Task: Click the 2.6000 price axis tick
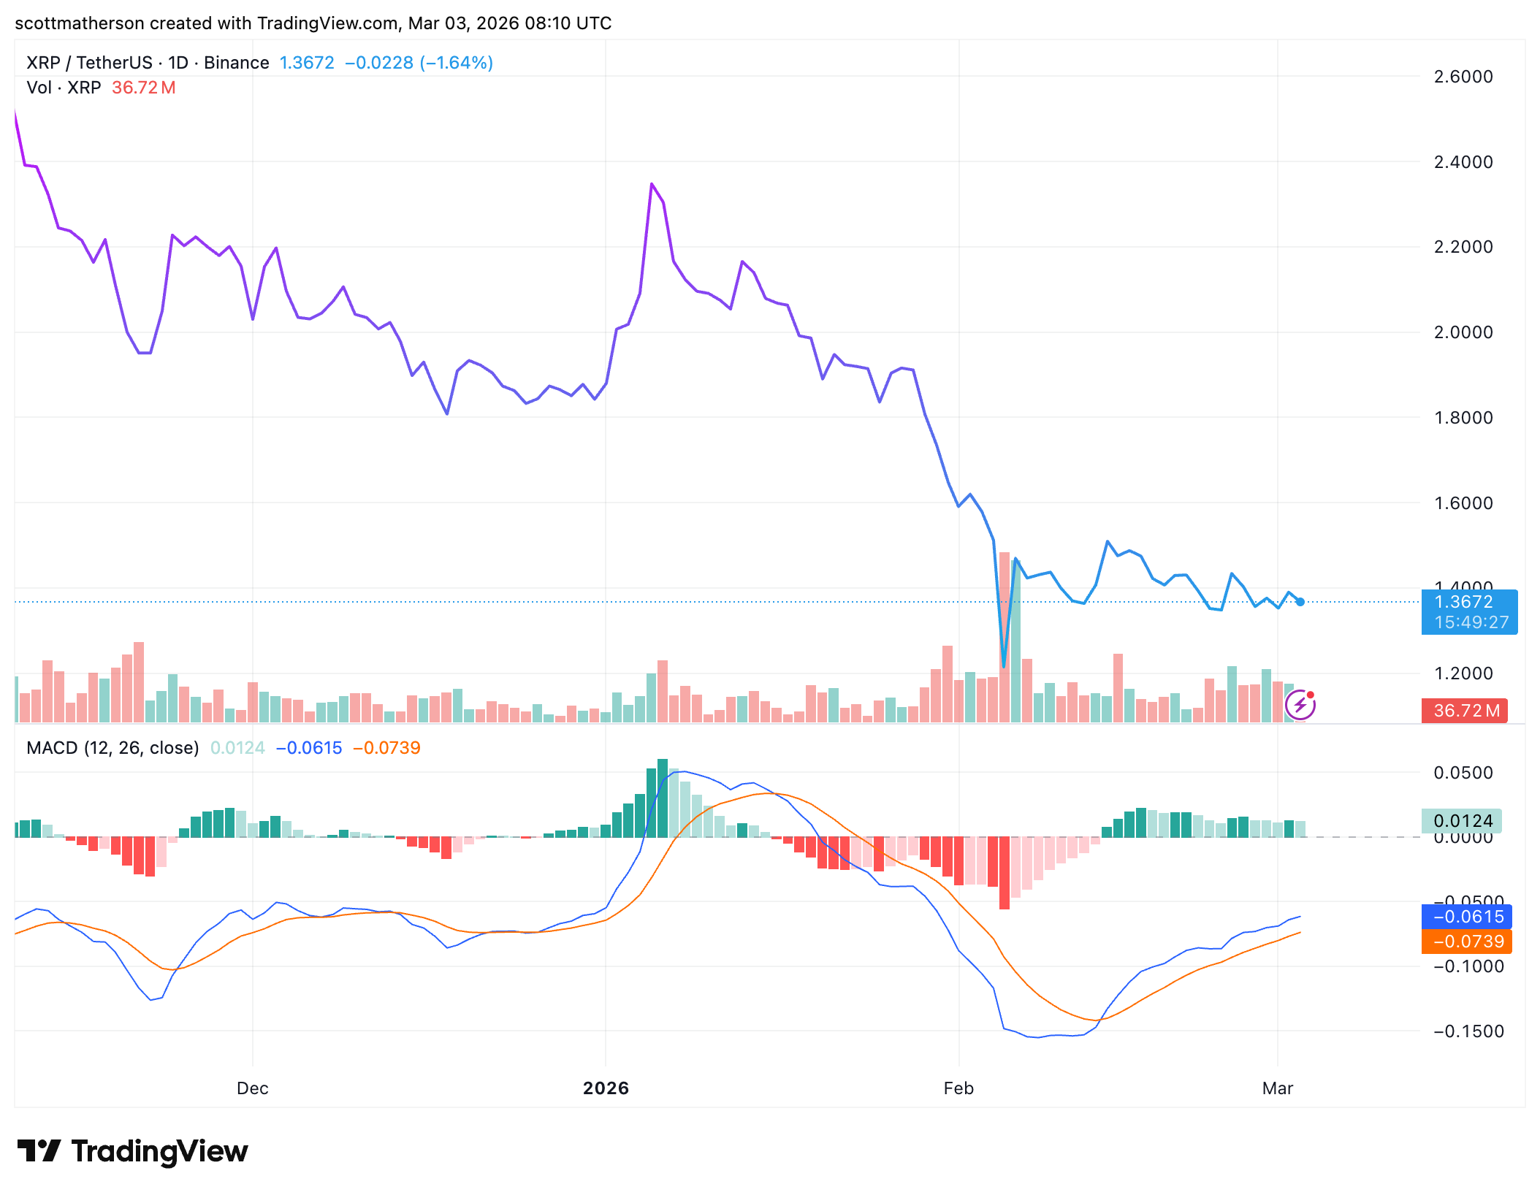pyautogui.click(x=1463, y=77)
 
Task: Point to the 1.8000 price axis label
pyautogui.click(x=1463, y=418)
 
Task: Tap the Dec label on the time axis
pyautogui.click(x=252, y=1088)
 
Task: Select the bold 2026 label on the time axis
pyautogui.click(x=606, y=1088)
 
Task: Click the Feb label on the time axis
pyautogui.click(x=958, y=1088)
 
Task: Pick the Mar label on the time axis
pyautogui.click(x=1278, y=1088)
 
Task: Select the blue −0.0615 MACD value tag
pyautogui.click(x=1467, y=917)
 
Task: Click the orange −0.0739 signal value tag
pyautogui.click(x=1467, y=942)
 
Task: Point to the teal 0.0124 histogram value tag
pyautogui.click(x=1461, y=821)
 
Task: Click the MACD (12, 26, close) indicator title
pyautogui.click(x=113, y=748)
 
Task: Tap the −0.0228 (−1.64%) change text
pyautogui.click(x=419, y=63)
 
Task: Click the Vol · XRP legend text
pyautogui.click(x=64, y=88)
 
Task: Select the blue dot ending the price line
pyautogui.click(x=1300, y=602)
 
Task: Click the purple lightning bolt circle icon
pyautogui.click(x=1300, y=705)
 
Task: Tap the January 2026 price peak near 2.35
pyautogui.click(x=652, y=184)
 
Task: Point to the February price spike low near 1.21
pyautogui.click(x=1004, y=666)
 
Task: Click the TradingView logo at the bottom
pyautogui.click(x=133, y=1152)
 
